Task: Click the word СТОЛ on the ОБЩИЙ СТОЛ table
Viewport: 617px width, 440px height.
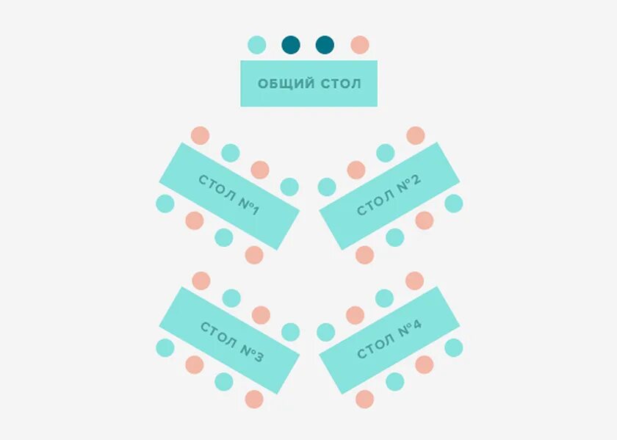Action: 341,84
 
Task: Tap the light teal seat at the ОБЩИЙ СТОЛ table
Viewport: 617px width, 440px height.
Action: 256,45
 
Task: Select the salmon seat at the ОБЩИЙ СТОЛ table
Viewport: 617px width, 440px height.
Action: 359,45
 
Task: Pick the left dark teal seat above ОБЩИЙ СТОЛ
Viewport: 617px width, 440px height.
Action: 291,45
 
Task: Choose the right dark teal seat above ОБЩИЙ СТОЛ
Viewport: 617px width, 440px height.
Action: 325,45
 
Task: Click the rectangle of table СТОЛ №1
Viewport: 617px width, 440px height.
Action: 229,195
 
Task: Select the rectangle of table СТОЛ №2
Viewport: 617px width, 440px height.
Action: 389,195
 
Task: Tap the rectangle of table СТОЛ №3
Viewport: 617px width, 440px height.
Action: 229,340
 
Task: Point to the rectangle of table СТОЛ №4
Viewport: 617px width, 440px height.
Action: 389,339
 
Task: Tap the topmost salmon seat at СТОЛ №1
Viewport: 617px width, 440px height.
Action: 200,135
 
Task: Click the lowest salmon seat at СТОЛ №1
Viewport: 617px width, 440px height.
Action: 254,255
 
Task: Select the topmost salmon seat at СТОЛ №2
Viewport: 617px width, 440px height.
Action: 416,135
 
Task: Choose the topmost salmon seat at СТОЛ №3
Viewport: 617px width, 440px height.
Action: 201,281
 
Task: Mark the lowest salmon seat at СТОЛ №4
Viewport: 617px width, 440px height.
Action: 364,399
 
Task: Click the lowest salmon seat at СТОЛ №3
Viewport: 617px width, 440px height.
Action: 254,399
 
